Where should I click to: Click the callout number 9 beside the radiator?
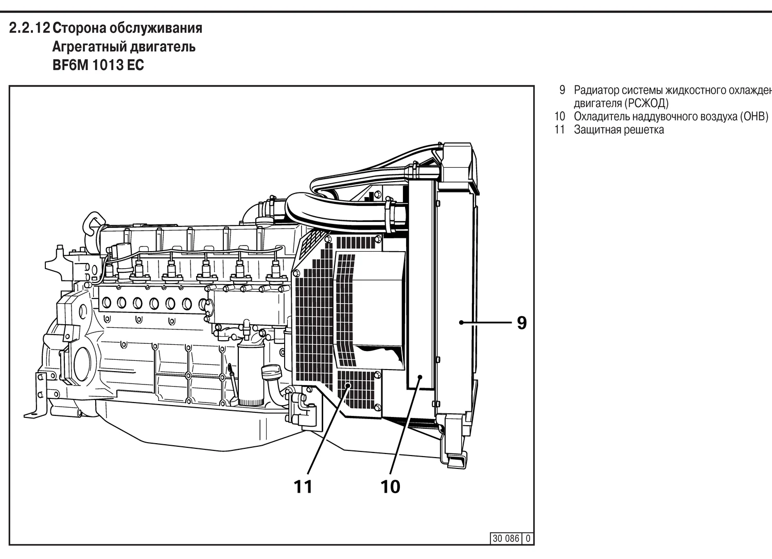click(521, 323)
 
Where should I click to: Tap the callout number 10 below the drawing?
click(390, 486)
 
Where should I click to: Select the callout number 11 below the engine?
click(303, 486)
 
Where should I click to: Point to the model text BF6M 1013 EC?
click(98, 65)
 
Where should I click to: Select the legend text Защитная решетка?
click(619, 130)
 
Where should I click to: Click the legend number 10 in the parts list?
click(559, 116)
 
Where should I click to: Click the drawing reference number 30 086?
click(506, 538)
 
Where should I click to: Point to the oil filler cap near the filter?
click(270, 371)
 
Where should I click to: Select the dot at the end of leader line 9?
click(462, 323)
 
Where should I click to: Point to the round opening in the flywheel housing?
click(82, 363)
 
